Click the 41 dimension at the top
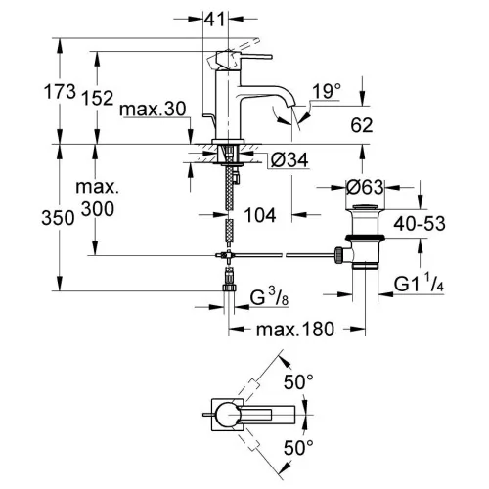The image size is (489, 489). (x=214, y=19)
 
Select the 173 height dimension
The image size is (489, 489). (x=60, y=91)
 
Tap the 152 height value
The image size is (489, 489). (x=98, y=98)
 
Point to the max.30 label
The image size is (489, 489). (x=153, y=109)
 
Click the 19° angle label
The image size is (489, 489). (x=327, y=91)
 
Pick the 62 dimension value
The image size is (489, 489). (x=362, y=125)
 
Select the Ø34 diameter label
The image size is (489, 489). (x=289, y=159)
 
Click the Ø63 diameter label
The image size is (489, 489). (x=365, y=188)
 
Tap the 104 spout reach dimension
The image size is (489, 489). (x=260, y=215)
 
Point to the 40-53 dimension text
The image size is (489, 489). (x=420, y=224)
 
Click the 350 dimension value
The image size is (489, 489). (x=58, y=218)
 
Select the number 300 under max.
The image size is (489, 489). (x=98, y=209)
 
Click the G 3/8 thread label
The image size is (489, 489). (x=269, y=298)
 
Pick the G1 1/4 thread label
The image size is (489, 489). (x=419, y=283)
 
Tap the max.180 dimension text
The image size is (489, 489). (x=295, y=330)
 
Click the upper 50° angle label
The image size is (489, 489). (x=298, y=381)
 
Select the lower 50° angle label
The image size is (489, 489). (x=298, y=447)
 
